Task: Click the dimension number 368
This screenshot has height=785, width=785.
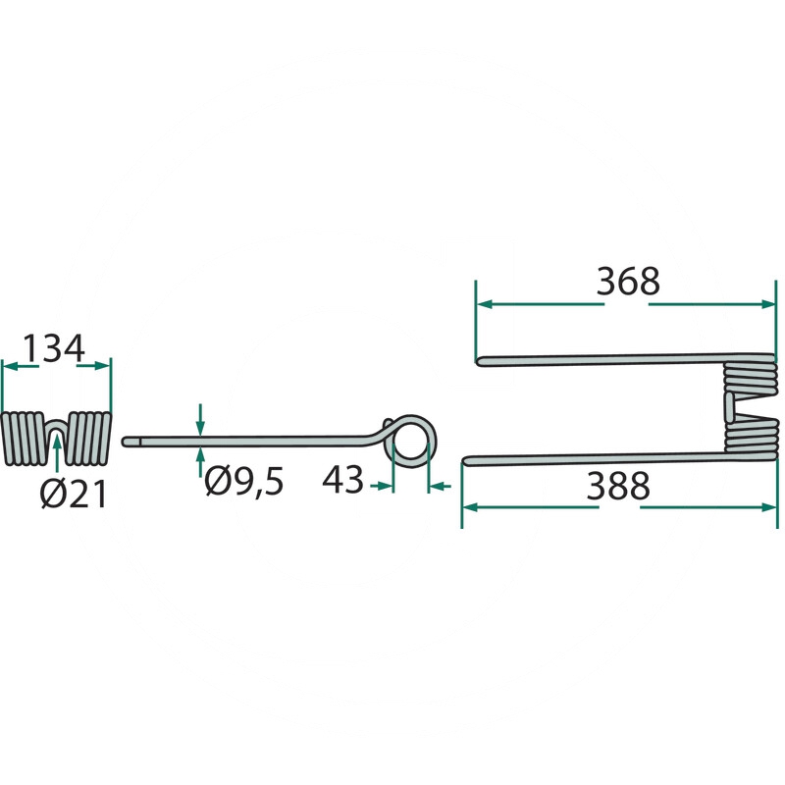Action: [628, 282]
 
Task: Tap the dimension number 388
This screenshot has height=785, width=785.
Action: [618, 486]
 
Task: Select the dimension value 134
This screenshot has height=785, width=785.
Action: [54, 348]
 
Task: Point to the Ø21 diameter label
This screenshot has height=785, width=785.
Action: [74, 495]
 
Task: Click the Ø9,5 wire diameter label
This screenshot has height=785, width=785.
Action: [243, 481]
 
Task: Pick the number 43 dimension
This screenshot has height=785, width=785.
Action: [342, 480]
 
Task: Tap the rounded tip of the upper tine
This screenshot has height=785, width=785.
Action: [478, 361]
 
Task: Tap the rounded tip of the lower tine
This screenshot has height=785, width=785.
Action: [465, 460]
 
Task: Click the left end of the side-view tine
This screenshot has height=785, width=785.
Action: [125, 442]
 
